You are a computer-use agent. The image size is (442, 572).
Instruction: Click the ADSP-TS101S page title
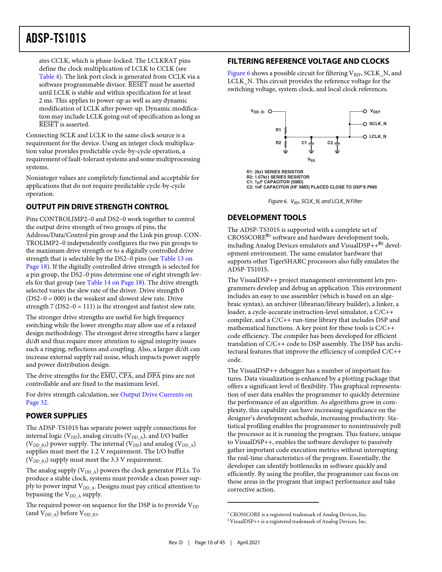(56, 38)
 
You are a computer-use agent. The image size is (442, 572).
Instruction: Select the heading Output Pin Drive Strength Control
(97, 207)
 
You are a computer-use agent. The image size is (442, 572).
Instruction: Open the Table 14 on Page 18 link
(114, 283)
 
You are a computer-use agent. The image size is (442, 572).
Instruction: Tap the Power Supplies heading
(57, 416)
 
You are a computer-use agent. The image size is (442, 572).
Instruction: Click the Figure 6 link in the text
(239, 73)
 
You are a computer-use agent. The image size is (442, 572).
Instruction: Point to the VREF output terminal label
(375, 112)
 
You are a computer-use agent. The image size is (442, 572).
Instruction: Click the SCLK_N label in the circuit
(378, 124)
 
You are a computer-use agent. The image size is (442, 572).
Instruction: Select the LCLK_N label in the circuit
(378, 137)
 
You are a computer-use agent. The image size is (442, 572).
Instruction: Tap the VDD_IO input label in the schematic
(258, 112)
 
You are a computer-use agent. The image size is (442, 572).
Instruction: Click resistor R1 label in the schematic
(278, 130)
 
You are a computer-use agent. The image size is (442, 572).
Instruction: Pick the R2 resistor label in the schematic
(278, 143)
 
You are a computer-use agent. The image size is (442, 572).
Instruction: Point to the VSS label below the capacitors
(311, 160)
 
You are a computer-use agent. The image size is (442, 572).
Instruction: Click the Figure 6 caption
(315, 201)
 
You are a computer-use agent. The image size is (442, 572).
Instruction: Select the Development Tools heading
(267, 218)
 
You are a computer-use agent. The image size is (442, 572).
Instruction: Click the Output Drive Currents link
(156, 395)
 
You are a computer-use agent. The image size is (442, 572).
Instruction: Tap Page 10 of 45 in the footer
(210, 543)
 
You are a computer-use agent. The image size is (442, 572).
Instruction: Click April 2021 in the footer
(248, 543)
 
